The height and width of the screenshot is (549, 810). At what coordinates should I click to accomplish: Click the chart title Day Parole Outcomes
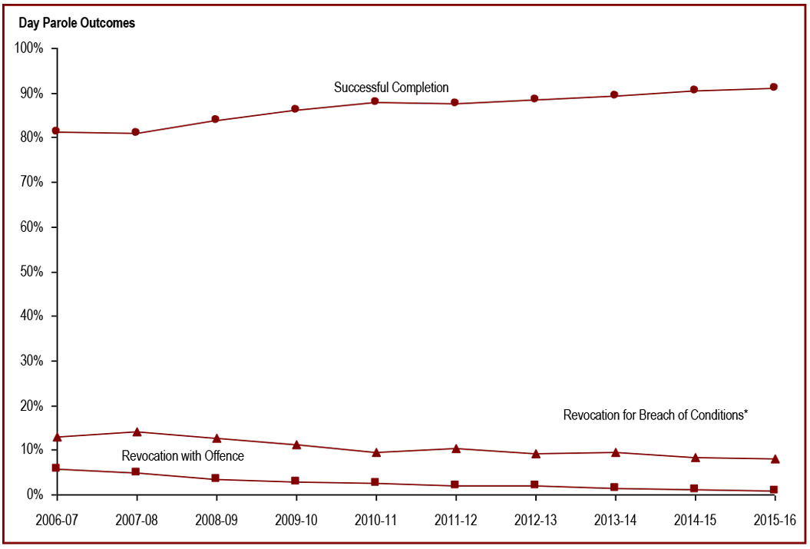[77, 23]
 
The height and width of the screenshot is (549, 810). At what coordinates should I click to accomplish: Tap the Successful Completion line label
[391, 88]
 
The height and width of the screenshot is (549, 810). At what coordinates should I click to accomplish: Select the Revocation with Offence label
[183, 456]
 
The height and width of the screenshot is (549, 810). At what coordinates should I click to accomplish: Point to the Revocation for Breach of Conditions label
[656, 415]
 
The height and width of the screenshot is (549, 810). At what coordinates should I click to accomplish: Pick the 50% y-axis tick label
[31, 272]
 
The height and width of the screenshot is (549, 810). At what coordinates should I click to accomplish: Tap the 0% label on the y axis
[34, 494]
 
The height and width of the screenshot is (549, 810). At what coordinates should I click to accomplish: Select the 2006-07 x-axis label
[56, 520]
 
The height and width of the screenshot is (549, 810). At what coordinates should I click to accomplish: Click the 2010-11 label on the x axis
[375, 520]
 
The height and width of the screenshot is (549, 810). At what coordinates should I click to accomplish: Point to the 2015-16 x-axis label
[773, 520]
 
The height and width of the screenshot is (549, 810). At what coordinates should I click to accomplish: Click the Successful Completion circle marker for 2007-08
[136, 133]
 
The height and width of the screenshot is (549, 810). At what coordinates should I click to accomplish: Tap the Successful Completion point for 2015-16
[774, 88]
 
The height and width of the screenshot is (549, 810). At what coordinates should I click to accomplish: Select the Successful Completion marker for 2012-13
[534, 99]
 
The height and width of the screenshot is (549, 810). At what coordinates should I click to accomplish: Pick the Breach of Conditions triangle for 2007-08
[136, 432]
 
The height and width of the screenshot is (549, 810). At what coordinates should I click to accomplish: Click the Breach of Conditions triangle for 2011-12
[455, 448]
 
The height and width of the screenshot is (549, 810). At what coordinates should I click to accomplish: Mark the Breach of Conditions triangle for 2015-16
[774, 459]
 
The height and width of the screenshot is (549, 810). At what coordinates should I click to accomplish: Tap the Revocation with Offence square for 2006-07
[56, 468]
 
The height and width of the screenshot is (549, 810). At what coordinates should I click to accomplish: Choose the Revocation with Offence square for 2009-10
[296, 481]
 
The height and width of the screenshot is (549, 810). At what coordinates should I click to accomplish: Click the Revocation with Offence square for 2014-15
[694, 489]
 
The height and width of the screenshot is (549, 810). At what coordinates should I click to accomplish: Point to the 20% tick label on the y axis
[31, 405]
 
